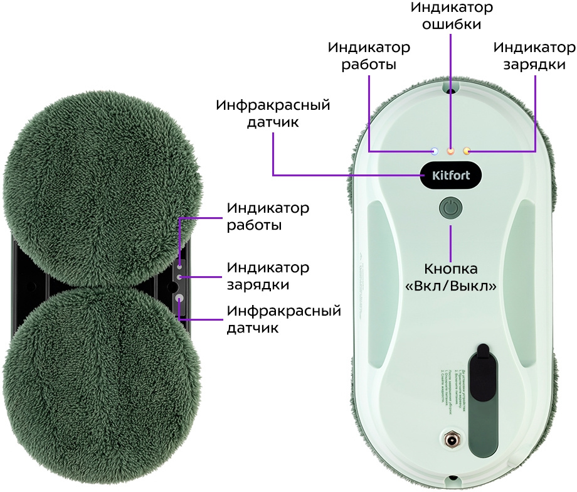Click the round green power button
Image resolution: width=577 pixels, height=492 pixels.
click(450, 208)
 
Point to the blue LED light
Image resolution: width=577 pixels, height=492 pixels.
click(434, 151)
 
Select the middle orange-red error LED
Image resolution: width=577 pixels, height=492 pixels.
click(450, 151)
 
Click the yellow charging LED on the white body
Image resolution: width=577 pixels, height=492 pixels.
click(466, 151)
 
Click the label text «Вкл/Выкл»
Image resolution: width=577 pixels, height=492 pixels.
click(451, 286)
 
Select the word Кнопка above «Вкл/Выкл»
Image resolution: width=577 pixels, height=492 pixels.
click(451, 269)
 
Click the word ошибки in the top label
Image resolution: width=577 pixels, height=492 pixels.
click(451, 24)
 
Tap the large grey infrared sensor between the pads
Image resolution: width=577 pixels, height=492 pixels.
click(179, 299)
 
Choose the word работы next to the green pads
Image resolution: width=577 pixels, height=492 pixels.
click(253, 225)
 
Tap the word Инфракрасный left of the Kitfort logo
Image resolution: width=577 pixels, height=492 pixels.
click(273, 104)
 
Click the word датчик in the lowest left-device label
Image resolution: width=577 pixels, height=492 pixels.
click(253, 328)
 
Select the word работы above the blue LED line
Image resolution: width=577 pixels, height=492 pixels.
click(369, 64)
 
